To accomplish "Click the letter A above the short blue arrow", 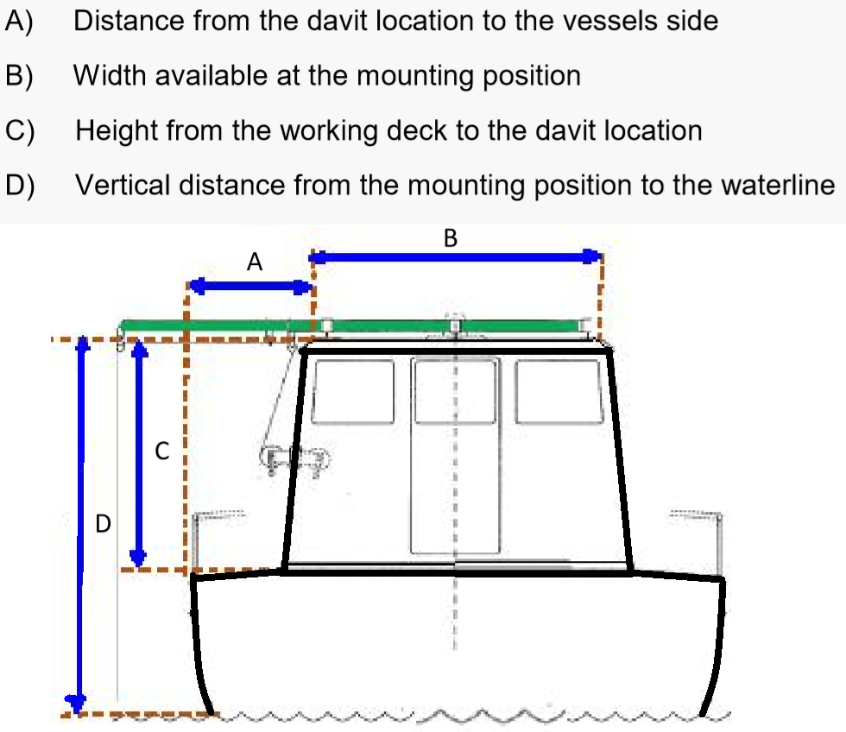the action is [254, 262].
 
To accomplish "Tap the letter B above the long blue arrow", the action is [451, 238].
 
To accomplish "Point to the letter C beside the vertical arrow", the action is [162, 451].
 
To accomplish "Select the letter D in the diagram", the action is [103, 524].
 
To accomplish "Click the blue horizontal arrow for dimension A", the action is [251, 287].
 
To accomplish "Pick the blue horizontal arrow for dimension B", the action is [456, 256].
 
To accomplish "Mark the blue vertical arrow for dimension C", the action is [139, 453].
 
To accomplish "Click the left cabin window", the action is [353, 392].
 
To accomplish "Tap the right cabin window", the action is [559, 392].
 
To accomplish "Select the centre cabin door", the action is [455, 456].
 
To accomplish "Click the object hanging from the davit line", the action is [294, 460].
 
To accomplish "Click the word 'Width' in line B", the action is [110, 75].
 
